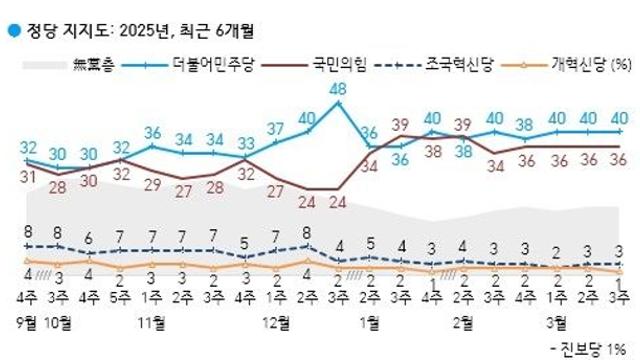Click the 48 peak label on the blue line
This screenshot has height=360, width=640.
tap(338, 90)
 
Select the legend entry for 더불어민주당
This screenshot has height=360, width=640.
tap(213, 65)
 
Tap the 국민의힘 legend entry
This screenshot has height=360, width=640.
tap(339, 65)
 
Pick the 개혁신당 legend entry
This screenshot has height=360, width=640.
tap(577, 65)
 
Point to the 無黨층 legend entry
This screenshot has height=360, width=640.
tap(93, 65)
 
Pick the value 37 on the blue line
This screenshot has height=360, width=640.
tap(276, 129)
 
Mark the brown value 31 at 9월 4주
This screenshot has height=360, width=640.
tap(27, 177)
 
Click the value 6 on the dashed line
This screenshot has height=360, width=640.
tap(90, 237)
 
